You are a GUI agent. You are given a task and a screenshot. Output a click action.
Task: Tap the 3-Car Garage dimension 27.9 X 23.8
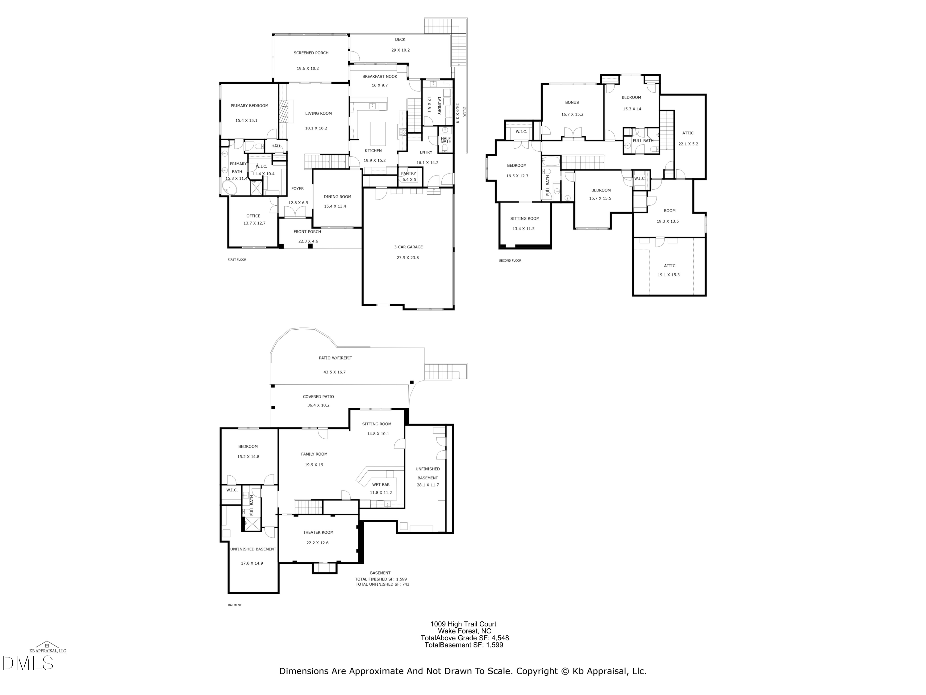click(x=407, y=258)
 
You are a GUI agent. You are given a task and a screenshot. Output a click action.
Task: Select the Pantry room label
click(x=409, y=173)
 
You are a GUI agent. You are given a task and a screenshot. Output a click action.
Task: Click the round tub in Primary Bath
click(x=229, y=189)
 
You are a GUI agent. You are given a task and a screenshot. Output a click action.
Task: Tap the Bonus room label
click(x=572, y=102)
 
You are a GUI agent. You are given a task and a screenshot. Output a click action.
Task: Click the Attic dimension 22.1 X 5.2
click(x=688, y=144)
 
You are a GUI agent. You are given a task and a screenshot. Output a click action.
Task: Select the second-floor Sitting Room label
click(x=524, y=218)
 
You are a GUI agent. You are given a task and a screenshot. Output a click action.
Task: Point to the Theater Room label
click(x=318, y=533)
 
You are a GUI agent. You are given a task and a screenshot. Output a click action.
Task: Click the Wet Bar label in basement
click(x=381, y=485)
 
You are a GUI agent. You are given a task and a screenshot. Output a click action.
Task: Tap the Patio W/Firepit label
click(x=335, y=358)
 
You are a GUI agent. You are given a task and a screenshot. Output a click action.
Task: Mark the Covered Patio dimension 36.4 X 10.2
click(x=318, y=405)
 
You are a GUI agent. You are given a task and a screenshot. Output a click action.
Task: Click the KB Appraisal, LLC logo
click(x=47, y=647)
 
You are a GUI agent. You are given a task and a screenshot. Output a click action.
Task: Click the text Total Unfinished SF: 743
click(x=382, y=584)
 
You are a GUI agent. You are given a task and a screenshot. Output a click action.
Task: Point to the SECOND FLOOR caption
click(x=510, y=261)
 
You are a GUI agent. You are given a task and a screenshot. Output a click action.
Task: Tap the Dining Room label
click(x=337, y=196)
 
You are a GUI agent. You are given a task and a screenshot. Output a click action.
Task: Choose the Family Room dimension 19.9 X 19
click(x=314, y=465)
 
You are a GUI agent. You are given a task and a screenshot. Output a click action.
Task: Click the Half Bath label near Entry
click(x=446, y=140)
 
